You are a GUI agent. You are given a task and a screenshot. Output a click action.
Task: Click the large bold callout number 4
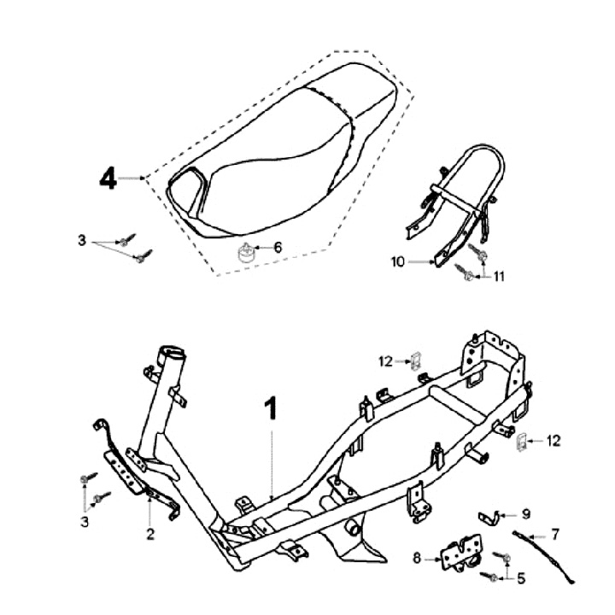(x=107, y=179)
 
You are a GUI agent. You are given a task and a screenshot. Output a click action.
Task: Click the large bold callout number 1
(x=271, y=410)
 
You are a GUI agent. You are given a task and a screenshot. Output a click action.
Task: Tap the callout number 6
(x=278, y=247)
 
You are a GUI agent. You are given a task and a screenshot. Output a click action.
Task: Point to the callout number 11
(x=501, y=276)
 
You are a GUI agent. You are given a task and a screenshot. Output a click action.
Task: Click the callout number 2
(x=149, y=535)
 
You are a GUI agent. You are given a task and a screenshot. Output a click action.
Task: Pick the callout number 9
(x=526, y=514)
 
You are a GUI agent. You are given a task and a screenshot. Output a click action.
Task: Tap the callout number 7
(x=556, y=535)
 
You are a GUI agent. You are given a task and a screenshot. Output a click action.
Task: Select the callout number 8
(x=417, y=560)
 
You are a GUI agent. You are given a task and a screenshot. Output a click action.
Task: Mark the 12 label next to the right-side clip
(x=554, y=441)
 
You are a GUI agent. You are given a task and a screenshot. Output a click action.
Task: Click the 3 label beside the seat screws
(x=82, y=242)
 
